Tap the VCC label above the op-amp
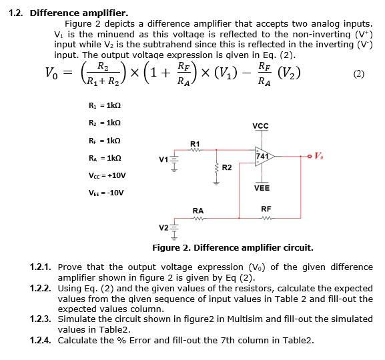pyautogui.click(x=260, y=126)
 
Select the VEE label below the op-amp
pyautogui.click(x=262, y=188)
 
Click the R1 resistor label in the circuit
pyautogui.click(x=195, y=143)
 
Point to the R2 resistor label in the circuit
pyautogui.click(x=226, y=166)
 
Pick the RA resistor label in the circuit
pyautogui.click(x=198, y=211)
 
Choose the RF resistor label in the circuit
pyautogui.click(x=266, y=209)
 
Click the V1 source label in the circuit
pyautogui.click(x=163, y=159)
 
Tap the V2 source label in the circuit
pyautogui.click(x=163, y=228)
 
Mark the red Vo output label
pyautogui.click(x=320, y=156)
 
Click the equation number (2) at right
pyautogui.click(x=359, y=73)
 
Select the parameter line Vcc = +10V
pyautogui.click(x=107, y=175)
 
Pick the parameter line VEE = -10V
pyautogui.click(x=107, y=193)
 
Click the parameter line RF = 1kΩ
pyautogui.click(x=103, y=141)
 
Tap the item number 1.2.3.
pyautogui.click(x=41, y=319)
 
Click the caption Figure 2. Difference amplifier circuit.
pyautogui.click(x=232, y=247)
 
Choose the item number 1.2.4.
pyautogui.click(x=41, y=340)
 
